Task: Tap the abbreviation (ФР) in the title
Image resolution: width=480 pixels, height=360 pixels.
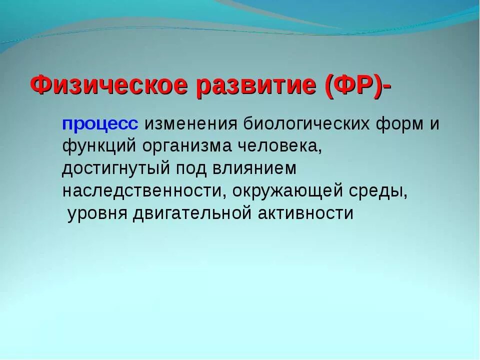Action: click(x=354, y=86)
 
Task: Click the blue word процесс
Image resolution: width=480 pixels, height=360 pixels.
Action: click(x=100, y=125)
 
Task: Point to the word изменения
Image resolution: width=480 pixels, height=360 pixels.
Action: click(x=191, y=124)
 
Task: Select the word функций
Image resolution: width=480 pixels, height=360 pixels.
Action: click(x=99, y=146)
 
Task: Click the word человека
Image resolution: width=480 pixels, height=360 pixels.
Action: click(x=280, y=147)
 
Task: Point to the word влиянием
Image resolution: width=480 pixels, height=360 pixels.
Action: click(x=254, y=168)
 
